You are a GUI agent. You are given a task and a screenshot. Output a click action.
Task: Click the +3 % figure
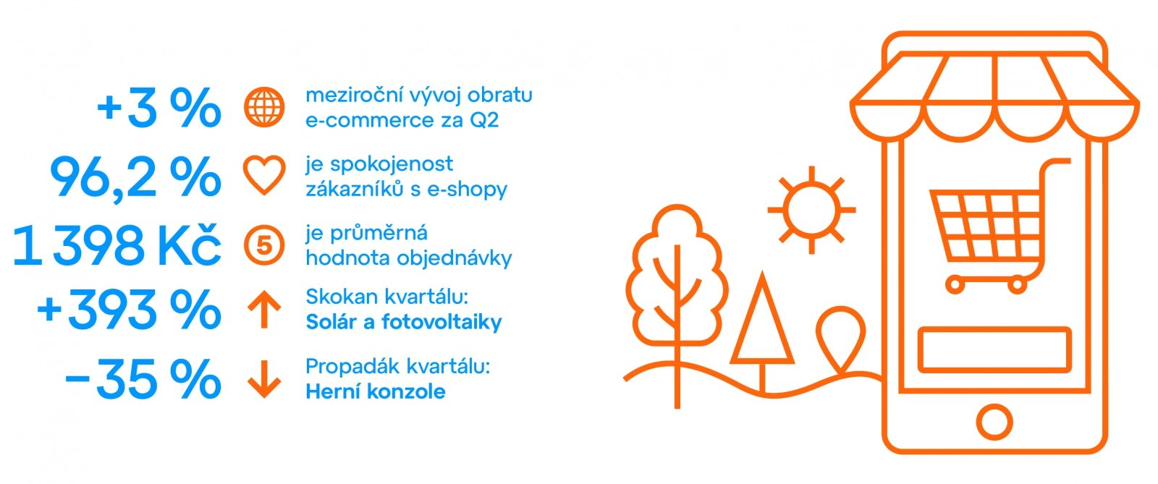point(159,108)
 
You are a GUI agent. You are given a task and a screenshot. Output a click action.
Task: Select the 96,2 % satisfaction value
point(135,177)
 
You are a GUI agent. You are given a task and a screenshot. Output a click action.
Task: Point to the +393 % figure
point(129,310)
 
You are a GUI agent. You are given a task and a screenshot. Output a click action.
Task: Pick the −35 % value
point(143,379)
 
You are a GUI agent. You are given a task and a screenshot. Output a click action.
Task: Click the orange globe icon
point(264,107)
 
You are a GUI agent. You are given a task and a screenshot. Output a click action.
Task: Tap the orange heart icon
point(264,175)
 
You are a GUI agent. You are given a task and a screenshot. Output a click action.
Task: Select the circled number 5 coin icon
point(264,245)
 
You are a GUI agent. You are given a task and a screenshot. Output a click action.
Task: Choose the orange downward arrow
point(264,379)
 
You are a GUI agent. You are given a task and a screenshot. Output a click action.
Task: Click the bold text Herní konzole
point(376,391)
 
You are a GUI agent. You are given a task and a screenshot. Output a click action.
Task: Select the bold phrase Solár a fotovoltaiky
point(404,323)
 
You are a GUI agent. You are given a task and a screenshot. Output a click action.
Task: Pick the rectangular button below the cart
point(994,349)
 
